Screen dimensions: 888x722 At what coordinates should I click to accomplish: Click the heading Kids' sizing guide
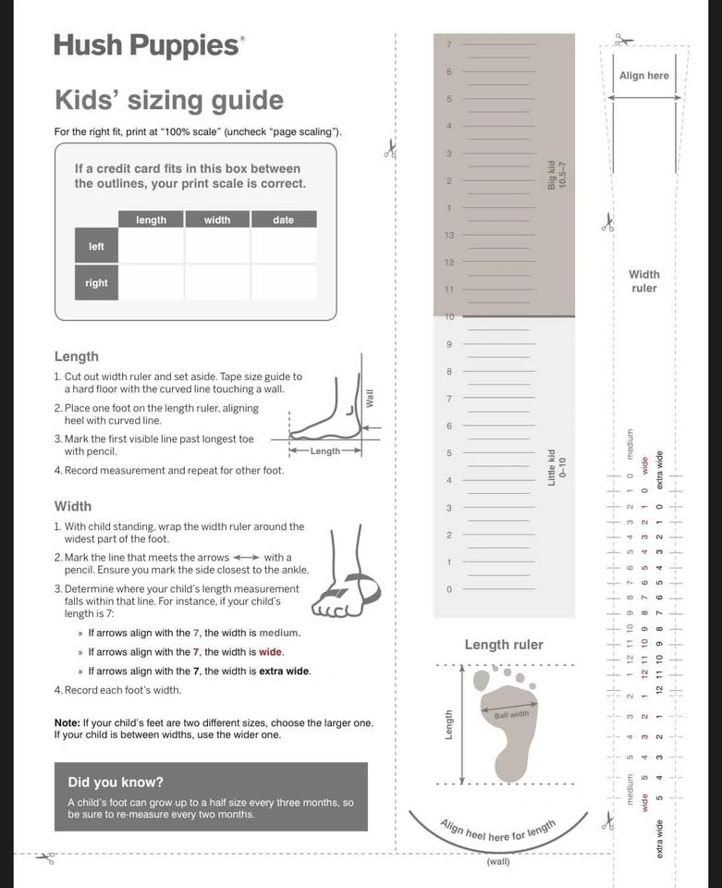(x=169, y=100)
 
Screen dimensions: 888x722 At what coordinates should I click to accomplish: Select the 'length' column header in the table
(x=151, y=219)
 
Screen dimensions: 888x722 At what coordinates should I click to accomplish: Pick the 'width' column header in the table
(x=217, y=219)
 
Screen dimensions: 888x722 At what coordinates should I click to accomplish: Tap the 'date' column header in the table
(x=283, y=219)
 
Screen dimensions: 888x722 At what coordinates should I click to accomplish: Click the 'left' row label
(x=96, y=247)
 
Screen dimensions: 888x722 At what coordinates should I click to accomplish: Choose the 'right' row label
(x=96, y=283)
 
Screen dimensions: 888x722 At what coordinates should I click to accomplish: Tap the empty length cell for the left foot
(x=151, y=247)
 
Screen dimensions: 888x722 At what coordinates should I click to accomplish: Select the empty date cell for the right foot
(x=283, y=283)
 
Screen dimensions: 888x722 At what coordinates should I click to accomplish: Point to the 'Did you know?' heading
(x=116, y=782)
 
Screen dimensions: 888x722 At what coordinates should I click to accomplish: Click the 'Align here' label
(x=644, y=76)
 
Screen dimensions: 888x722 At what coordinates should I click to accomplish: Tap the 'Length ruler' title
(x=504, y=645)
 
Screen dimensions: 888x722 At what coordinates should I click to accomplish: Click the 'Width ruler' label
(x=644, y=281)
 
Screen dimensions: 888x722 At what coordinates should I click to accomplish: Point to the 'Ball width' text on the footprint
(x=511, y=714)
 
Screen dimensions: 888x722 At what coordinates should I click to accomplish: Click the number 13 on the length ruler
(x=449, y=236)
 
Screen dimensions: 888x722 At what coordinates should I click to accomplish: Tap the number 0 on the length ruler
(x=449, y=589)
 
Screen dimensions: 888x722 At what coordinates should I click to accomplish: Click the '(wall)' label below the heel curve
(x=498, y=862)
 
